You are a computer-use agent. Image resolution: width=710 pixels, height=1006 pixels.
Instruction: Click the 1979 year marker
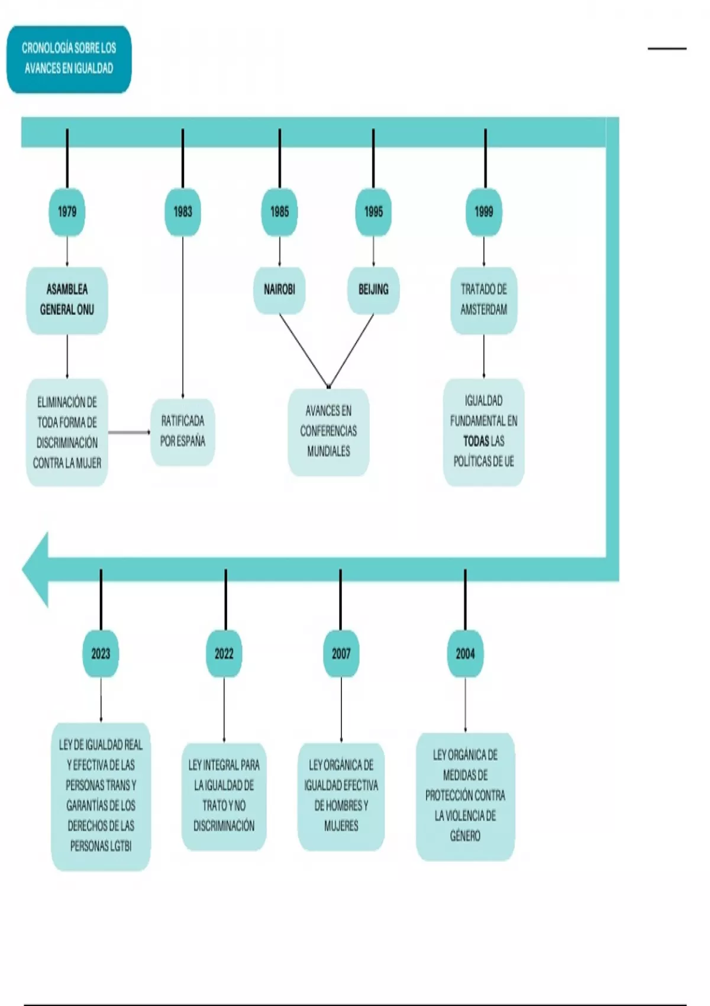coord(67,212)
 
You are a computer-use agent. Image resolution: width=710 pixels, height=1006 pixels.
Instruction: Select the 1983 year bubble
coord(183,212)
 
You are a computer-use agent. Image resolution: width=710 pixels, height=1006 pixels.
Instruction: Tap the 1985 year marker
coord(279,212)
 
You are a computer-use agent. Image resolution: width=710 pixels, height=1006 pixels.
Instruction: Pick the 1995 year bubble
coord(373,212)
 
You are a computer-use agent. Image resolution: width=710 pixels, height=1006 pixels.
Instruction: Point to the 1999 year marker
coord(484,212)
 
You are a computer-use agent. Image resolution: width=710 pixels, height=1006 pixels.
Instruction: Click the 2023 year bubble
coord(101,653)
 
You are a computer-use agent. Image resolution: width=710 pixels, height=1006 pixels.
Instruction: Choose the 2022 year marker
coord(224,653)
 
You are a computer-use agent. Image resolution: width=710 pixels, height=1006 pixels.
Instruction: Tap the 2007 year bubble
coord(341,653)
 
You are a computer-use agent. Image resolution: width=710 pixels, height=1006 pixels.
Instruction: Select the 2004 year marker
coord(465,653)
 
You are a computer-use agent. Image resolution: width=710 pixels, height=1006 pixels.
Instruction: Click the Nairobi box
coord(279,290)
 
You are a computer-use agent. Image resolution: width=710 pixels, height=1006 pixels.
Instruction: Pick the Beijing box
coord(373,290)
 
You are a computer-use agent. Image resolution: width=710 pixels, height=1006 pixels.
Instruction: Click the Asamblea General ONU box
coord(67,300)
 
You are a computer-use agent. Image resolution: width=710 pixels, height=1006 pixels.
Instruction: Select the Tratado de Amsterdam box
coord(484,300)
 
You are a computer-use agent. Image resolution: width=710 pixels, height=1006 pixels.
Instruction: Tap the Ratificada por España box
coord(183,431)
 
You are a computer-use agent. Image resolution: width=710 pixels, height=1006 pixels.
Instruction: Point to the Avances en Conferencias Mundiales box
coord(328,431)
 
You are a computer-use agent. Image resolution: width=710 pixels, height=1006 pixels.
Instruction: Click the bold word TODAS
coord(476,441)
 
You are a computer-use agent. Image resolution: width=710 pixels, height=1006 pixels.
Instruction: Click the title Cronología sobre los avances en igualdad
coord(69,59)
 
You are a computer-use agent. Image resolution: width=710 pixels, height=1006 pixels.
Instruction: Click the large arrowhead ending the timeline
coord(35,569)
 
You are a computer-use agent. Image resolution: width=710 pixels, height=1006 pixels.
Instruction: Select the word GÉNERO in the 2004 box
coord(465,836)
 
